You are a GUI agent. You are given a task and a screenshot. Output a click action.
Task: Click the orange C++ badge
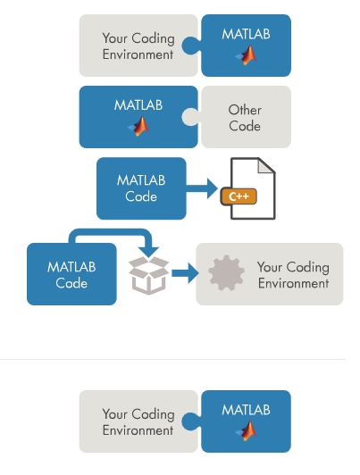tap(239, 196)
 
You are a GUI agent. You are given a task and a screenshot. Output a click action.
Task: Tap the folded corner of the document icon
tap(267, 165)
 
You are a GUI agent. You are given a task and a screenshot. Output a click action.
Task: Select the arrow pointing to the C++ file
tap(202, 188)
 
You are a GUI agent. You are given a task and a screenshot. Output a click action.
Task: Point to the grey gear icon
tap(226, 273)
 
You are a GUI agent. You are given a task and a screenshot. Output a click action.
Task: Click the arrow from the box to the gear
tap(185, 273)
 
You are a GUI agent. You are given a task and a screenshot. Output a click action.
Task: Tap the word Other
tap(245, 110)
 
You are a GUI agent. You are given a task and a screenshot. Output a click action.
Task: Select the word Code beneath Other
tap(245, 126)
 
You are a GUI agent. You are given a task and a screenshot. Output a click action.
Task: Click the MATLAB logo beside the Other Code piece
tap(139, 126)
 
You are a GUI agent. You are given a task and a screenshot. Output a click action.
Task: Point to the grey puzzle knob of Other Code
tap(190, 117)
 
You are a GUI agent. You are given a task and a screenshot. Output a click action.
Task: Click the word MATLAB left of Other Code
tap(138, 105)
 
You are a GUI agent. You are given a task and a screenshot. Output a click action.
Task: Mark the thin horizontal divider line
tap(172, 359)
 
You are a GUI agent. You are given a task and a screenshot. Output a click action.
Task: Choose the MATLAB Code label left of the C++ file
tap(141, 188)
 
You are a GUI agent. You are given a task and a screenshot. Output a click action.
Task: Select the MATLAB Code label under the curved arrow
tap(71, 275)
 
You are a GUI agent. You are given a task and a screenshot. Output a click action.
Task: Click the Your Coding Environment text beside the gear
tap(293, 275)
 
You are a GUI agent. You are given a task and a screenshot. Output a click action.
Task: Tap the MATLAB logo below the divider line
tap(247, 431)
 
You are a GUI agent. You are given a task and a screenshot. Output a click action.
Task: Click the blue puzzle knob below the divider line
tap(190, 421)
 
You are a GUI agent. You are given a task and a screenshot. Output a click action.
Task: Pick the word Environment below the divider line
tap(138, 430)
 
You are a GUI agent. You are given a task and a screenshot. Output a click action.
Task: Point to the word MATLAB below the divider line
tap(246, 410)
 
